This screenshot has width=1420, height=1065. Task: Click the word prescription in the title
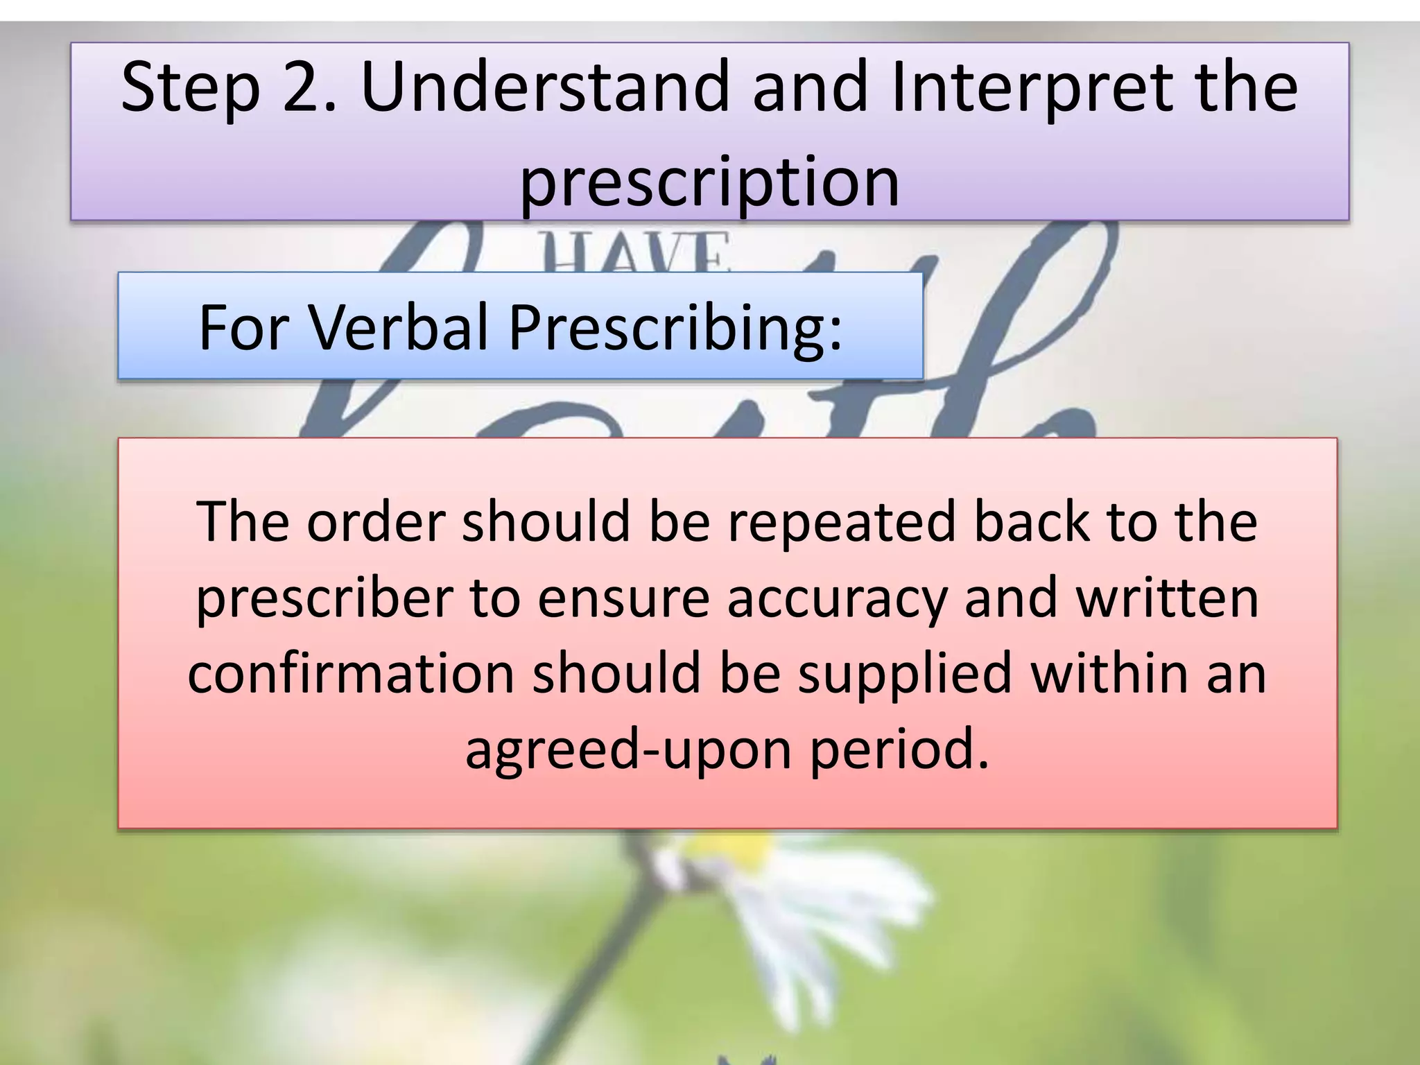[x=709, y=182]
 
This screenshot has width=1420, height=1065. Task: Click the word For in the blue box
[x=243, y=327]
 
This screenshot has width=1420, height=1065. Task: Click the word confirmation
[x=351, y=673]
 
